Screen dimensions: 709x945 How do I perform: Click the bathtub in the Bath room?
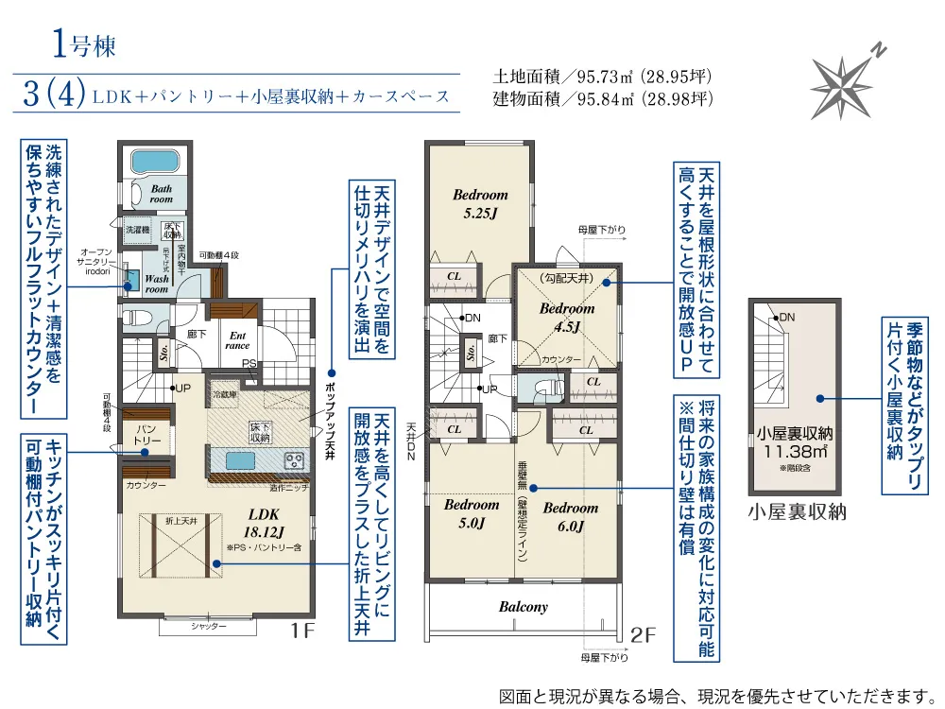pyautogui.click(x=158, y=160)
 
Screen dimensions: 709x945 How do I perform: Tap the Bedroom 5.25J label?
pyautogui.click(x=480, y=203)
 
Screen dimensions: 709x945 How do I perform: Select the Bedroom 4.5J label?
pyautogui.click(x=567, y=318)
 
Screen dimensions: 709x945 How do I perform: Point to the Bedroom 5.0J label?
pyautogui.click(x=472, y=513)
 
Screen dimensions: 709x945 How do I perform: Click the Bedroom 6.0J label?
pyautogui.click(x=571, y=515)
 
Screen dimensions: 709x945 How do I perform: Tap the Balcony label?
pyautogui.click(x=523, y=607)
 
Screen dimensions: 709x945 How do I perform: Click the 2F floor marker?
pyautogui.click(x=643, y=634)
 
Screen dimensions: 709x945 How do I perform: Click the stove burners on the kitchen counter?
pyautogui.click(x=295, y=461)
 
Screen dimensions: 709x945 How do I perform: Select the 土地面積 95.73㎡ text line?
pyautogui.click(x=602, y=76)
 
